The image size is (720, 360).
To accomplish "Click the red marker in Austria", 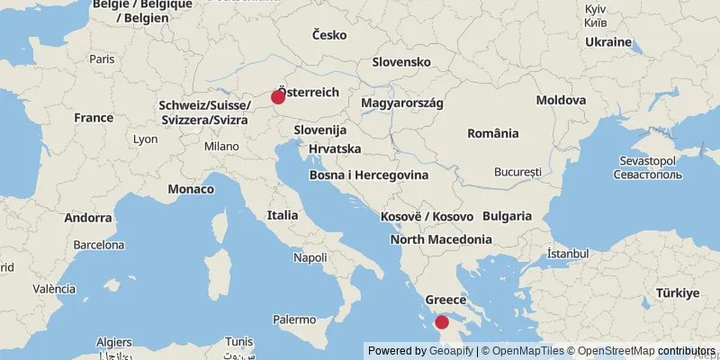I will click(x=278, y=97).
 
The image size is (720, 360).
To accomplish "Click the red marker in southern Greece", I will click(x=441, y=322).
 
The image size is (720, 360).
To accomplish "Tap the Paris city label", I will click(x=102, y=58).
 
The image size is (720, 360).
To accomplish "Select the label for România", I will click(x=493, y=133).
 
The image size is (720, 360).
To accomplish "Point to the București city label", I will click(x=518, y=171).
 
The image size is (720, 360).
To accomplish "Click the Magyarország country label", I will click(x=402, y=103).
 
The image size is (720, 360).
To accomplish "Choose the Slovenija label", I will click(x=320, y=130).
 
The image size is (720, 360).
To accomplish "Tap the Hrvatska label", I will click(x=335, y=148).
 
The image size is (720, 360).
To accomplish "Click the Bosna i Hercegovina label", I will click(x=368, y=175).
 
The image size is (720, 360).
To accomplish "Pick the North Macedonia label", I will click(x=441, y=239).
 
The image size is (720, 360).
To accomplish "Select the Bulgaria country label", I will click(x=508, y=216).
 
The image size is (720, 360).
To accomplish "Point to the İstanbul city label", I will click(x=568, y=255).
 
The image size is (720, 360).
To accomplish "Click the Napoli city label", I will click(x=310, y=257).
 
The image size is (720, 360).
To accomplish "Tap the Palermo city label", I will click(x=294, y=319).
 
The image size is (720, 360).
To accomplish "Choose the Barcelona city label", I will click(x=99, y=244).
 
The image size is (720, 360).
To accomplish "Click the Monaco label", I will click(x=191, y=189).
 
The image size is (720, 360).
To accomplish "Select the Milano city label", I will click(x=221, y=146).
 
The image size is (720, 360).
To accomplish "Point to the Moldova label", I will click(x=561, y=100).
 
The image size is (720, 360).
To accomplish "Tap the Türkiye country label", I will click(x=677, y=292).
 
